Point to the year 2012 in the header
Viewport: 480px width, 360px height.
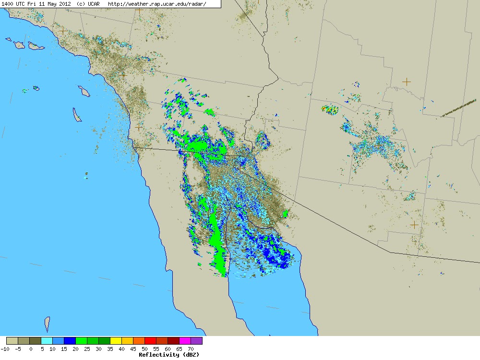point(65,4)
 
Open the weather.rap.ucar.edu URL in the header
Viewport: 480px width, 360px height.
point(157,4)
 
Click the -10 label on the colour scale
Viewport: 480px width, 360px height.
point(5,349)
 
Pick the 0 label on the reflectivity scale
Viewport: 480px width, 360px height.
point(31,349)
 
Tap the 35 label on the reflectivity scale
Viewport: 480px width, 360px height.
point(110,349)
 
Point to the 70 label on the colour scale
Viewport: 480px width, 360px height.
point(191,349)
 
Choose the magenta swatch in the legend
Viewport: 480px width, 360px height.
point(185,341)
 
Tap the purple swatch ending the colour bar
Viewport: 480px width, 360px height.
point(196,341)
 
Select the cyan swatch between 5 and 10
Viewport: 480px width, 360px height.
point(47,341)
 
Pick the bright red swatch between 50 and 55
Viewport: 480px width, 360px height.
point(150,341)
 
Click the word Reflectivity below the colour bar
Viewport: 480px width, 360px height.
point(158,355)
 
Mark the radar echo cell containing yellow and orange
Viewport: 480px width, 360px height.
point(330,109)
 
